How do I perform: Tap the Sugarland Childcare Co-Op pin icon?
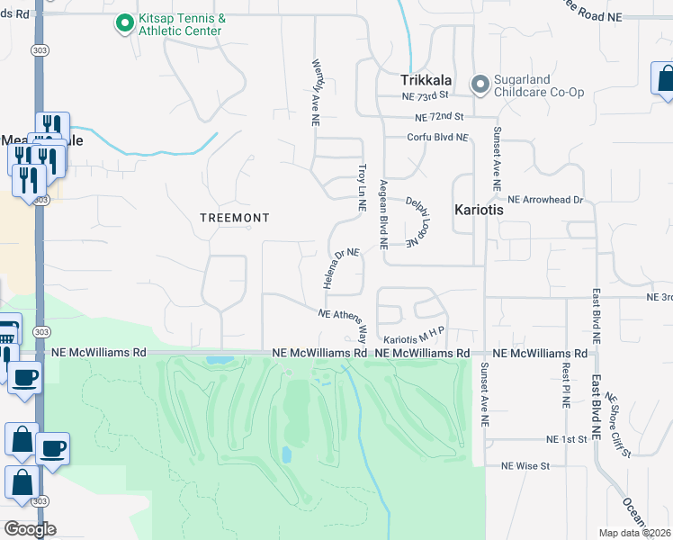(480, 85)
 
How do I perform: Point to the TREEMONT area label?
(234, 218)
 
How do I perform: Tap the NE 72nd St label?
(439, 117)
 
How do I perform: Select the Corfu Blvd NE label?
(438, 138)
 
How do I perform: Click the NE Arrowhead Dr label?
(545, 199)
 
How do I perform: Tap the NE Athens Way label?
(344, 322)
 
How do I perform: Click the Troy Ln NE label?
(362, 187)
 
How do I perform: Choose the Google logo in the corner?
(29, 529)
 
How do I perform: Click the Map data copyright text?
(635, 533)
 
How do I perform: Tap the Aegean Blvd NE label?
(383, 213)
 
